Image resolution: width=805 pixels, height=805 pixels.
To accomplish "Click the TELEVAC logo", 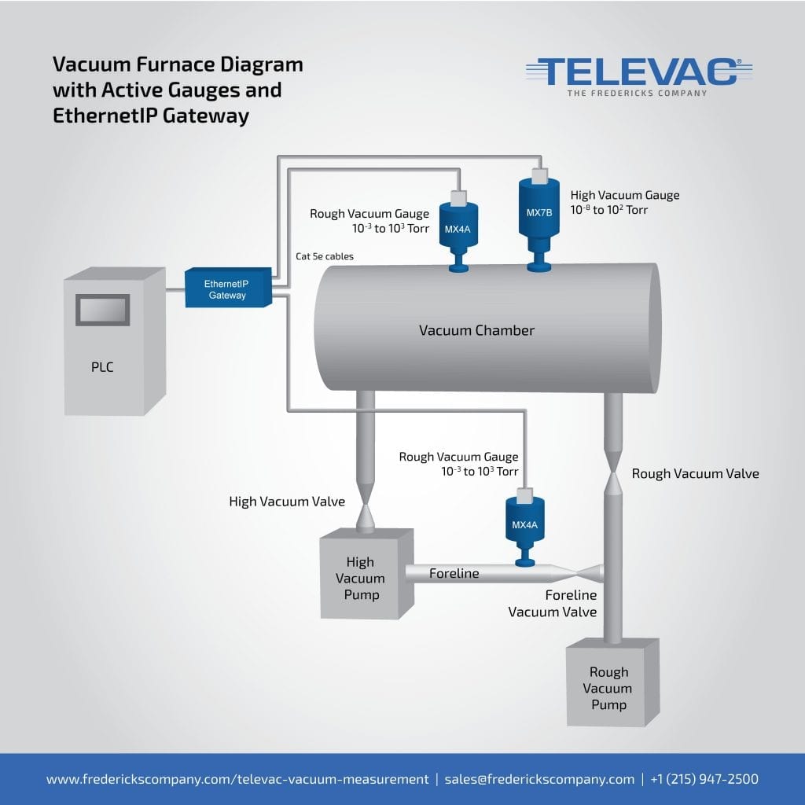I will [x=638, y=72].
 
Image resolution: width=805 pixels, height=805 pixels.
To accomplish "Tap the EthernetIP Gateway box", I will [x=226, y=289].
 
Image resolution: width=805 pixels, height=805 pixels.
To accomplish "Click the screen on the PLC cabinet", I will [x=102, y=309].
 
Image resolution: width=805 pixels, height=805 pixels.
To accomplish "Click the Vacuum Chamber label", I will [x=476, y=330].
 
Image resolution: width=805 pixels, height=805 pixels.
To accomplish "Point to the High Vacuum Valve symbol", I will [x=366, y=502].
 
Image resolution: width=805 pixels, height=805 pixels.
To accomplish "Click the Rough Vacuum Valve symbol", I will [x=614, y=474].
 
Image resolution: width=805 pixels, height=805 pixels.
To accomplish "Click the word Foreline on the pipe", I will [x=454, y=574].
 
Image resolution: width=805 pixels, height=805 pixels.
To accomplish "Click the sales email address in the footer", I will [x=539, y=779].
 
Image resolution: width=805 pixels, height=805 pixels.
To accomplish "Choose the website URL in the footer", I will [x=237, y=779].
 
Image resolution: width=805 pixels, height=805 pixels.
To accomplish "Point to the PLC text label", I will [x=102, y=367].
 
